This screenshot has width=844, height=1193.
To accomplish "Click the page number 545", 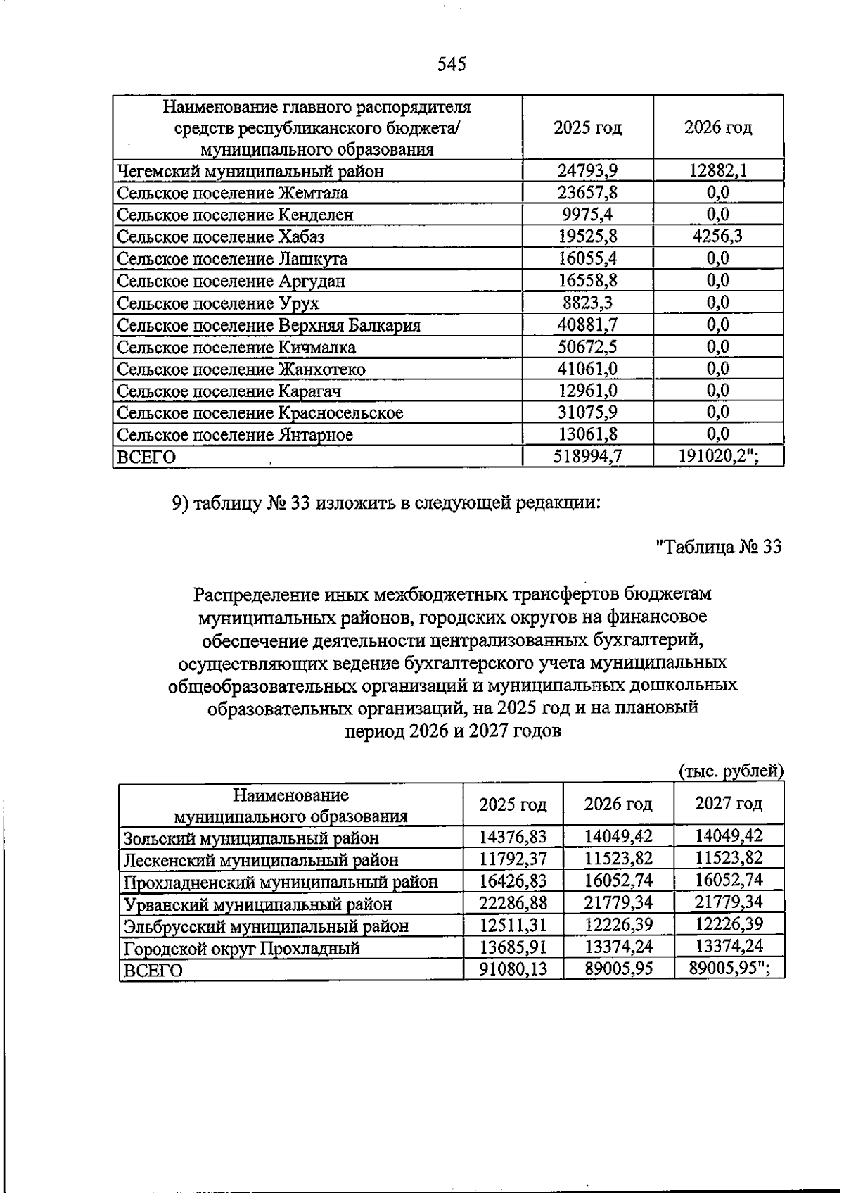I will [x=452, y=65].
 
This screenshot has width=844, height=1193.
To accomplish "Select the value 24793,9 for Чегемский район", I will [x=587, y=170].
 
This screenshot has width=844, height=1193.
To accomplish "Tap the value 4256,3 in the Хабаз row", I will [x=717, y=236].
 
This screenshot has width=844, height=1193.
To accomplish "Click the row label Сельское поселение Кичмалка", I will [x=236, y=347].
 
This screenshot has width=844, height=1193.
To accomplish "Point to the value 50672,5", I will [x=587, y=346].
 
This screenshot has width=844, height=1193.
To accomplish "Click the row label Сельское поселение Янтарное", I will [x=235, y=435].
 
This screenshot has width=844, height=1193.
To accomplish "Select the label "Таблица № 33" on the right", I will [x=718, y=547].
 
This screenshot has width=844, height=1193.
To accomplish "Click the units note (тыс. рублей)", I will [x=731, y=771].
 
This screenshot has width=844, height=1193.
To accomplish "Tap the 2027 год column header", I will [x=728, y=803].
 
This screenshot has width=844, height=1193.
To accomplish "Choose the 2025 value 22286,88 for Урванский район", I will [x=513, y=902].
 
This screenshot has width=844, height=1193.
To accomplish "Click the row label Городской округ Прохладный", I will [x=241, y=948].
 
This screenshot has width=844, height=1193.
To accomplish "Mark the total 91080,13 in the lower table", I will [x=513, y=969].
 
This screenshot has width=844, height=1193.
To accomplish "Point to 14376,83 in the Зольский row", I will [x=513, y=837].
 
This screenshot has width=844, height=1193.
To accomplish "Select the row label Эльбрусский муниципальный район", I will [x=266, y=926].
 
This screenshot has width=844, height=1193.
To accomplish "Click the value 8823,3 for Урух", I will [x=587, y=303].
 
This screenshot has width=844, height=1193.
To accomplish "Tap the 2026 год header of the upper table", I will [x=717, y=127].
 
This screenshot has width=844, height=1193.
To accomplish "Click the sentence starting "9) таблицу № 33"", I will [x=386, y=503].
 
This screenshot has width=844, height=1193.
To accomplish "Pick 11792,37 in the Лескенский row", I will [x=513, y=859].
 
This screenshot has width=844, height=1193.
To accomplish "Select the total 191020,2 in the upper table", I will [x=717, y=457].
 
